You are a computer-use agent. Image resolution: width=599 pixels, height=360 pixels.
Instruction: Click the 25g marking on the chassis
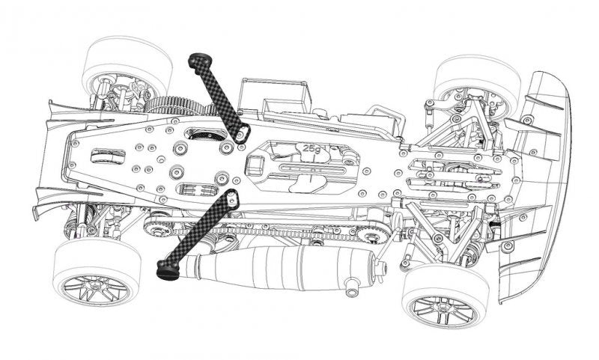[311, 148]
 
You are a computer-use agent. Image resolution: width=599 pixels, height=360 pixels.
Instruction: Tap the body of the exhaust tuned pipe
[279, 266]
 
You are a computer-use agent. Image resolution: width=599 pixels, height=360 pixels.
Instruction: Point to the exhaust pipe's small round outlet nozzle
[350, 288]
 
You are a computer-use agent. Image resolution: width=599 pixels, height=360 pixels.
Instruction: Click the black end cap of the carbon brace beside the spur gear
[200, 60]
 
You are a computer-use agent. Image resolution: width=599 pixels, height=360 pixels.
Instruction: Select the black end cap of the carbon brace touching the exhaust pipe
[168, 269]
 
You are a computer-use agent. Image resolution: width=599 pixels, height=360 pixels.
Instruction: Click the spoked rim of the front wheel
[444, 310]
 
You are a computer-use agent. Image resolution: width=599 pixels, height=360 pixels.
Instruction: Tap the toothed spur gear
[180, 106]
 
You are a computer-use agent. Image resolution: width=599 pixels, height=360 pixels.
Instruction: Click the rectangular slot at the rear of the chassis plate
[108, 156]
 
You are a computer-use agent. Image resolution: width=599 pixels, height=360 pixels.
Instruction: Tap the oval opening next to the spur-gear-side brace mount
[205, 134]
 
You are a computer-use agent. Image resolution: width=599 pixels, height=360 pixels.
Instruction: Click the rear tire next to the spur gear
[126, 65]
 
